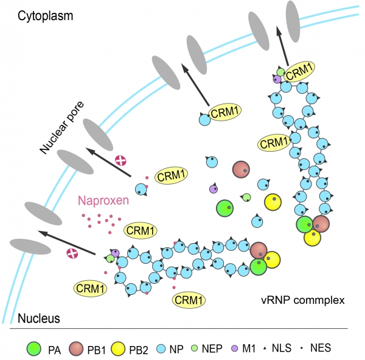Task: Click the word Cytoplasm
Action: (46, 16)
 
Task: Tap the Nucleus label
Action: (39, 318)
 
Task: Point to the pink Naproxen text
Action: (103, 200)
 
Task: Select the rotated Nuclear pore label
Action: (61, 128)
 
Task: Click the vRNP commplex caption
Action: (303, 300)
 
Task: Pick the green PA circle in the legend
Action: (34, 349)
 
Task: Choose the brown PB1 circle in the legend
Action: (76, 349)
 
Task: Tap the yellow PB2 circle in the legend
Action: (118, 349)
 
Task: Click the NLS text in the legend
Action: (282, 348)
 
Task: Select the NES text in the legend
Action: (321, 348)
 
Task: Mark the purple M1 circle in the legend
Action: (235, 348)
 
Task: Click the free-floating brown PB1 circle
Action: (241, 169)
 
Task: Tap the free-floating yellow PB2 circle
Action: (273, 202)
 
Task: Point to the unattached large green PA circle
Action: (224, 208)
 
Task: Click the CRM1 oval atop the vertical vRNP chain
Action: (299, 72)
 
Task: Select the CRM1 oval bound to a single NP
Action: (224, 112)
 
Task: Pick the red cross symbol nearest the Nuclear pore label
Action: (121, 161)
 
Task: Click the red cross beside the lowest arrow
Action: (72, 253)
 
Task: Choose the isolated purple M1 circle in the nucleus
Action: (214, 189)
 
